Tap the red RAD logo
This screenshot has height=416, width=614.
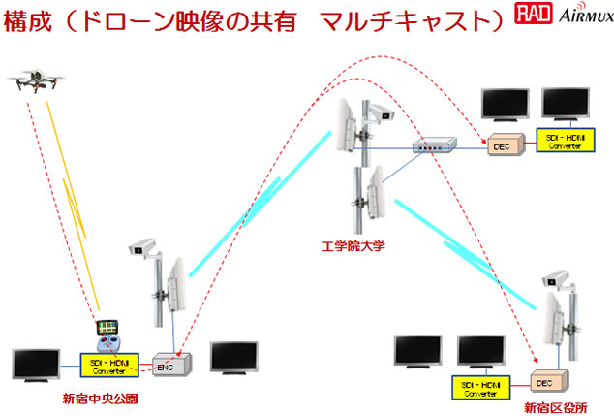(531, 16)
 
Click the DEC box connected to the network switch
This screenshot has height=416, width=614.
(504, 144)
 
